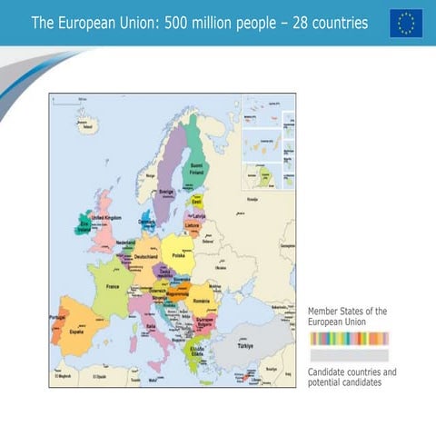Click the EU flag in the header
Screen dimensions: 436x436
[406, 23]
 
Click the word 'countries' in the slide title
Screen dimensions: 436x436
[332, 23]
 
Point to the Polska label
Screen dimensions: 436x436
[178, 256]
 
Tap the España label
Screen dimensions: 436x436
[76, 332]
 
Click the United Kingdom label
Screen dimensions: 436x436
[106, 218]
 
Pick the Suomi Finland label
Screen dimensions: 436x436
[197, 169]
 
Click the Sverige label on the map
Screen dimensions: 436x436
[167, 193]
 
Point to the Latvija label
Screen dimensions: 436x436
[200, 215]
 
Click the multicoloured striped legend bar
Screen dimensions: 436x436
[349, 339]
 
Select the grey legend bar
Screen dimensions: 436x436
[349, 355]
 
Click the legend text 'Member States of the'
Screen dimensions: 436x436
[348, 312]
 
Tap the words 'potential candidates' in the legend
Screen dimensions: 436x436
[345, 382]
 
